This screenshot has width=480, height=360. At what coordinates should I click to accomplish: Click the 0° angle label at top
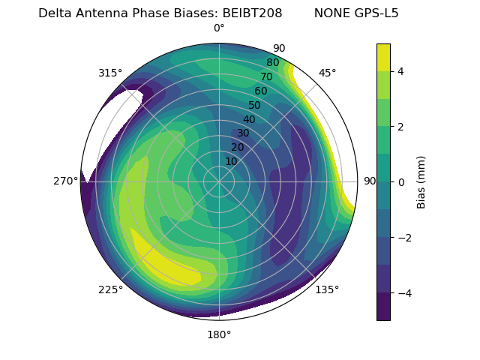coord(219,28)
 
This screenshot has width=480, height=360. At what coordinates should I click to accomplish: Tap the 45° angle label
coord(327,73)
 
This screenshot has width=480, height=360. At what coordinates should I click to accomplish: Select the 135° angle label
coord(327,289)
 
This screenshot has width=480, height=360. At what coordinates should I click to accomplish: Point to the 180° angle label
coord(219,334)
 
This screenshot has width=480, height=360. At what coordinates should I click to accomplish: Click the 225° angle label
coord(110,289)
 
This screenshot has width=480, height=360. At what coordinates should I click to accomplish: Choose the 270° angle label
coord(65,181)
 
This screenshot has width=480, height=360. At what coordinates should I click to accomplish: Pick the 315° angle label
coord(110,73)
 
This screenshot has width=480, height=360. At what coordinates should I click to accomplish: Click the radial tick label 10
coord(231,161)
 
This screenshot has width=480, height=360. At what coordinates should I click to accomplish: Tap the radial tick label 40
coord(249,119)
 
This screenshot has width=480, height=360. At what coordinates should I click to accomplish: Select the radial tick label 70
coord(266,76)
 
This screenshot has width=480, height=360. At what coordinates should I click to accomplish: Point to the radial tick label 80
coord(272,62)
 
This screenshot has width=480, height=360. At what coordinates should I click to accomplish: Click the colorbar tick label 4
coord(401,71)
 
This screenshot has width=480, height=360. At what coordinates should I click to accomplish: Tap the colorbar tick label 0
coord(401,181)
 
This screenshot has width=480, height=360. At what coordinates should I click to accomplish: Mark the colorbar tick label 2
coord(401,127)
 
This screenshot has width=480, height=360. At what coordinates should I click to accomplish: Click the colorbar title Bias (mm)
coord(421,181)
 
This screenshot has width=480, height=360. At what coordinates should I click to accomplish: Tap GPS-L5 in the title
coord(375,13)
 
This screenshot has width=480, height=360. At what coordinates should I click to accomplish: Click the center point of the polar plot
coord(219,181)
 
